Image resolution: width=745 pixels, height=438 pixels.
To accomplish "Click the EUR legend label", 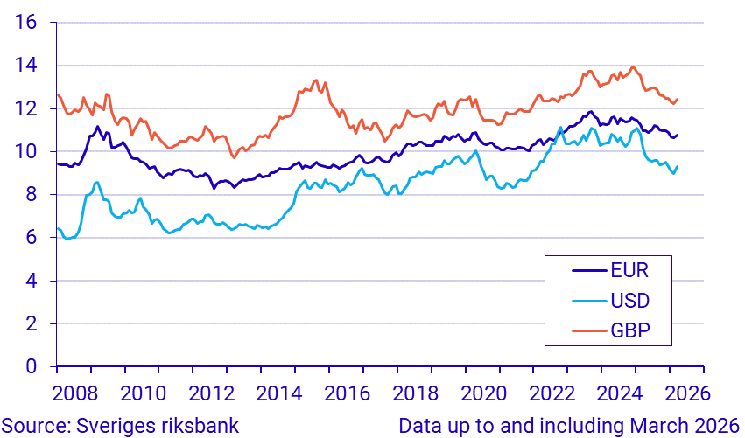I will tap(629, 268).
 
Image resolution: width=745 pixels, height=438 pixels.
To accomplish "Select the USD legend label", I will tap(630, 300).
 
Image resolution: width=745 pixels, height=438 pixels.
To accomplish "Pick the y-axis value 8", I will tap(31, 195).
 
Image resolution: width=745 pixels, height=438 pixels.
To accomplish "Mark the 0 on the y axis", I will tap(31, 367).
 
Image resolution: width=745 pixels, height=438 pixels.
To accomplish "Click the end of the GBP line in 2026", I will tap(678, 99).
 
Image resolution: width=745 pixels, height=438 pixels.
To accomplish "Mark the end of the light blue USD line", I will tap(678, 166).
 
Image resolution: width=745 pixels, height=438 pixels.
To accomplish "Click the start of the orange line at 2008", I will tap(57, 94).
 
